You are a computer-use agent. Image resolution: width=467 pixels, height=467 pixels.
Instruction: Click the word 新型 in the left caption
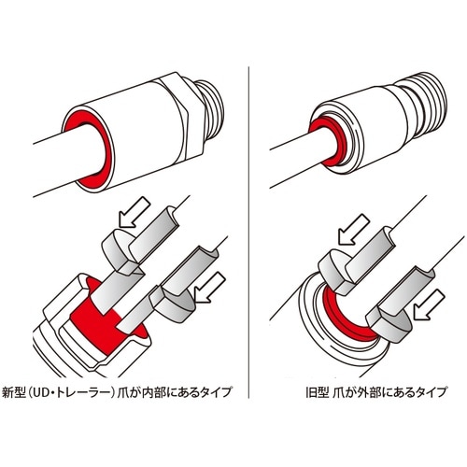coord(17,390)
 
